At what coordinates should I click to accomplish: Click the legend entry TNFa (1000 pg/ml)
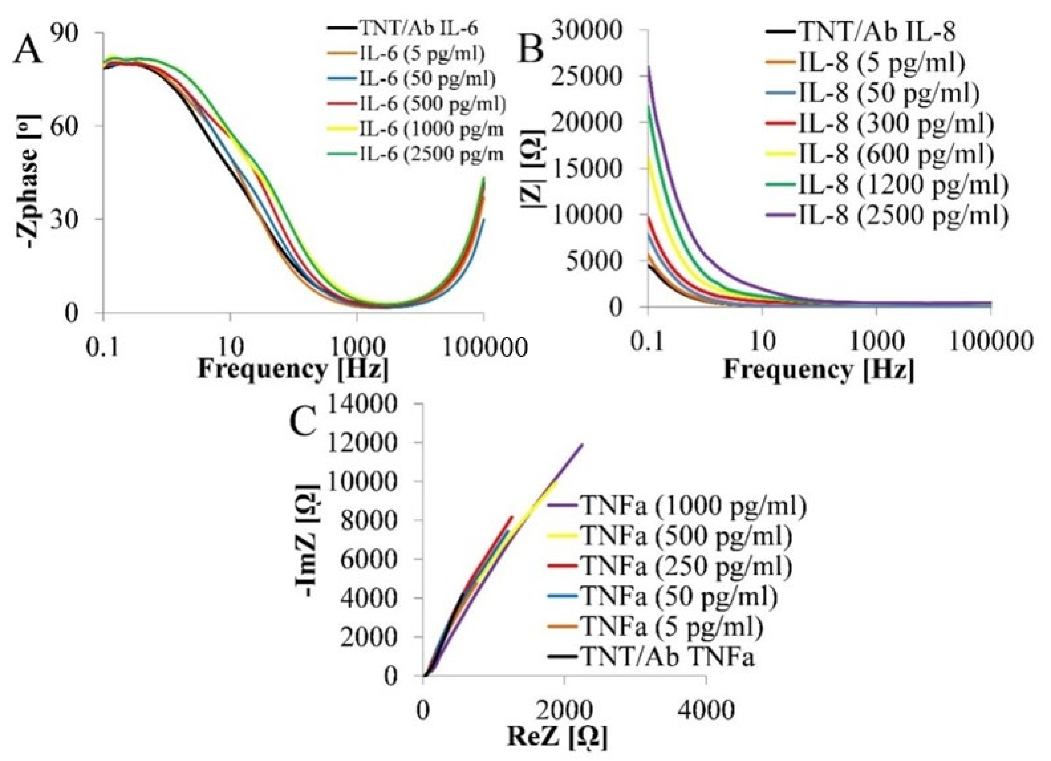click(693, 505)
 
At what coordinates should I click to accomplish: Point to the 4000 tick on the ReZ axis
click(706, 710)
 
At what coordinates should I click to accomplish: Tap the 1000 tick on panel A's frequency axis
click(357, 346)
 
